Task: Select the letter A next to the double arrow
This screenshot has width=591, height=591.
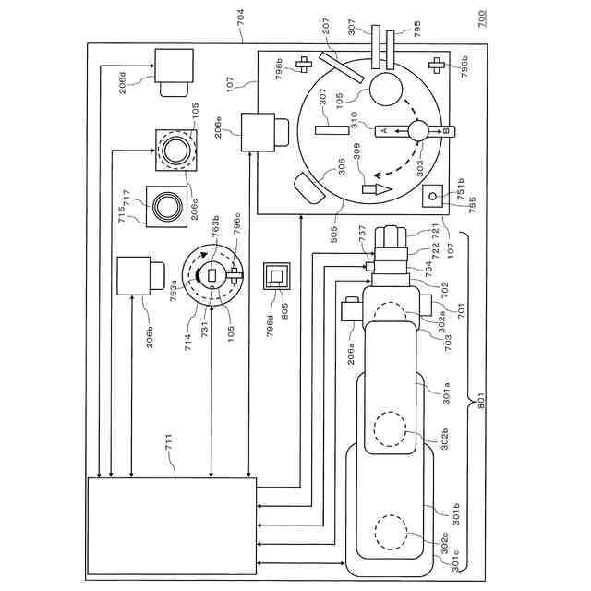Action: [380, 133]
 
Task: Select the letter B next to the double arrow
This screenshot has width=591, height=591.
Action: [445, 133]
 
